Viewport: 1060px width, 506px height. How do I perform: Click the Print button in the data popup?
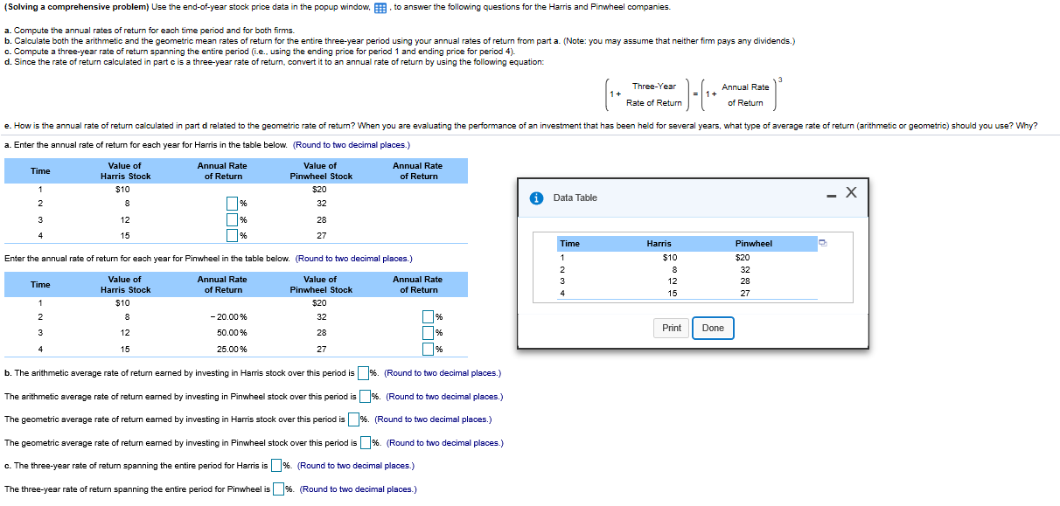pos(672,329)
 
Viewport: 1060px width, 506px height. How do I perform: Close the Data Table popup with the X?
pos(851,192)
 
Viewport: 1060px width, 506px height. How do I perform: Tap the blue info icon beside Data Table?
pos(538,198)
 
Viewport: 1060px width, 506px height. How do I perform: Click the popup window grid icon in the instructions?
pos(380,7)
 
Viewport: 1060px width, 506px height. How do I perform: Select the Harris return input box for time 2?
pos(233,204)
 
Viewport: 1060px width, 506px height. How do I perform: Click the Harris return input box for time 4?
pos(233,234)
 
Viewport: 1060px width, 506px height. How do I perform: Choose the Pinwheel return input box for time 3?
pos(429,333)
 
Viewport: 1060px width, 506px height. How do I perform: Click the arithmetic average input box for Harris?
pos(363,373)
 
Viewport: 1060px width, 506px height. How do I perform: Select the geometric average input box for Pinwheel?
pos(366,443)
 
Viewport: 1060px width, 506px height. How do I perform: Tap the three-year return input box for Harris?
pos(276,466)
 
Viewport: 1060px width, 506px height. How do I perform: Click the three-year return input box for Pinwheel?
pos(278,489)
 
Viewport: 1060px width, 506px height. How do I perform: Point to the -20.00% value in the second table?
pos(229,317)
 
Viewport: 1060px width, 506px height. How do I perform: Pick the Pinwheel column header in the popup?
pos(753,244)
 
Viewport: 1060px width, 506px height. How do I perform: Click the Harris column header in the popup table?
pos(659,244)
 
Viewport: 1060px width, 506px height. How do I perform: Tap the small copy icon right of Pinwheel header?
pos(822,243)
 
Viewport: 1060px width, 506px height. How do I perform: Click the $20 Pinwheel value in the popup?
pos(743,258)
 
